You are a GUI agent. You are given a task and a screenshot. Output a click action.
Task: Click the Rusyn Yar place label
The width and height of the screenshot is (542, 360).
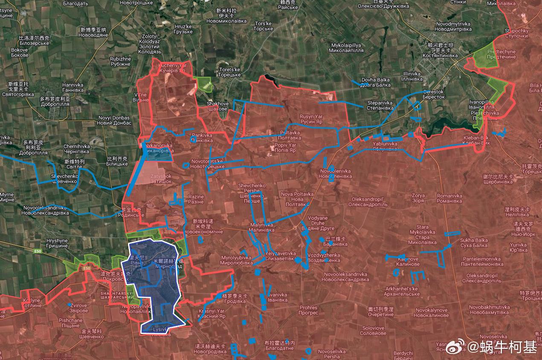point(311,119)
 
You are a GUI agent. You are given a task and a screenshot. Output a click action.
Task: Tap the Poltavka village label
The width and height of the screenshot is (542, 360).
point(290,135)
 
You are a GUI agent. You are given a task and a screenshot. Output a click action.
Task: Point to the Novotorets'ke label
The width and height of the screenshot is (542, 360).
point(207,163)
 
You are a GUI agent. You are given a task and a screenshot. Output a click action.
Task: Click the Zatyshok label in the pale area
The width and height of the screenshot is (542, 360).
point(161,179)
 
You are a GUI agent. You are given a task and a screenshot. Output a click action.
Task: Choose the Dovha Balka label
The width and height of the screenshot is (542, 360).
point(376,82)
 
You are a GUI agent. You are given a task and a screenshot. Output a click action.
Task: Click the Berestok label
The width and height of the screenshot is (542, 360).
point(434,94)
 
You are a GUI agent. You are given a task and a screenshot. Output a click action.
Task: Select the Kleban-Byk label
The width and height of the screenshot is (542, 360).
point(476,140)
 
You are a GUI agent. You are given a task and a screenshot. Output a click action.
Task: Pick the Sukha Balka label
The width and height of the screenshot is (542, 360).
point(474,243)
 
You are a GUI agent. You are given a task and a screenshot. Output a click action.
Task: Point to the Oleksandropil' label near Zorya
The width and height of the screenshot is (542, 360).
point(368,202)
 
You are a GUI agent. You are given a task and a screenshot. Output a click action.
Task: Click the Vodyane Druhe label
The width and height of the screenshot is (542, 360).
point(317,223)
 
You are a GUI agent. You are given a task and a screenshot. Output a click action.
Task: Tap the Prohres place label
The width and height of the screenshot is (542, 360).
point(308,310)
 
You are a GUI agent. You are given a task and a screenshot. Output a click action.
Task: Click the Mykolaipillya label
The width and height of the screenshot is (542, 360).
point(346,48)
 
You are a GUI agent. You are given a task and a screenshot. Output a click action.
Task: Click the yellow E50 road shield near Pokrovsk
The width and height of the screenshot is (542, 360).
point(87,268)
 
